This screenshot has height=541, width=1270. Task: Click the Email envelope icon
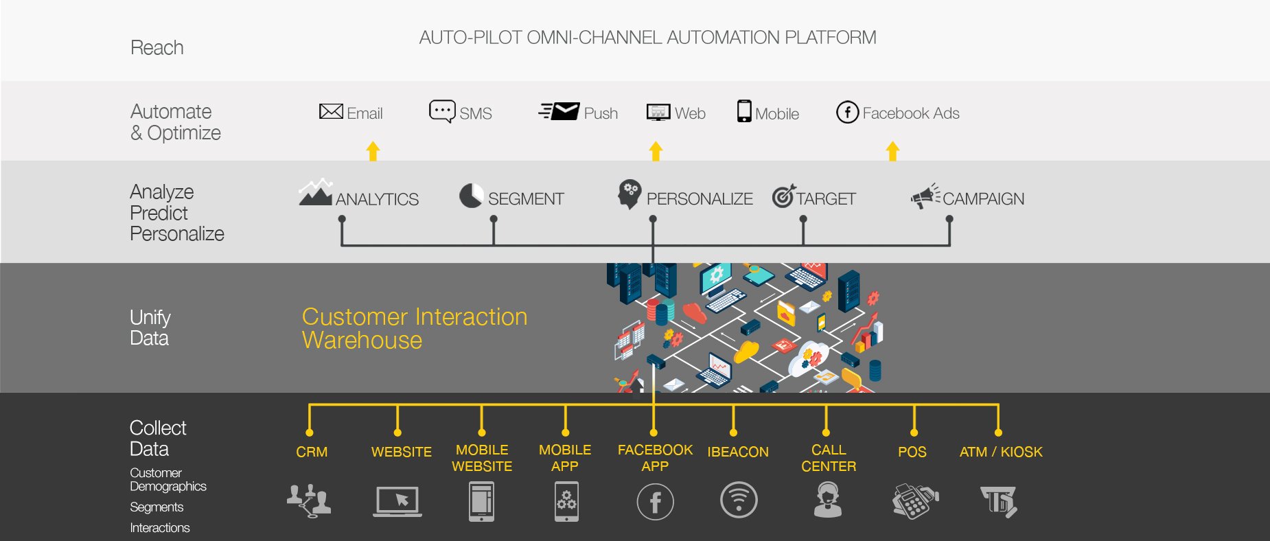click(331, 111)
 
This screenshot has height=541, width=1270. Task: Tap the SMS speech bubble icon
click(441, 111)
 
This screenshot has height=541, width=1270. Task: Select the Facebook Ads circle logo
click(847, 112)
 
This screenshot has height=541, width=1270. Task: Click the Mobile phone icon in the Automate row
click(744, 111)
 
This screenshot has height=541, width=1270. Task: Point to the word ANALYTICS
click(377, 199)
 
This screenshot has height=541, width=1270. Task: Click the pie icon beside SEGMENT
click(471, 196)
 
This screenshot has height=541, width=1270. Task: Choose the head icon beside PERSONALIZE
click(630, 195)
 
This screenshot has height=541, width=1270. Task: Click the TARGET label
click(826, 199)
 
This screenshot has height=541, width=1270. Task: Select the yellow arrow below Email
click(373, 151)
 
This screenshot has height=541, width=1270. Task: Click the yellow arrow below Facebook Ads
click(892, 151)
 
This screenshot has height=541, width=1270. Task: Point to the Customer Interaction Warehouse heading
click(414, 328)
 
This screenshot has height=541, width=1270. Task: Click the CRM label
click(312, 452)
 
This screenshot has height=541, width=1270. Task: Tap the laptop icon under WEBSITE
click(397, 501)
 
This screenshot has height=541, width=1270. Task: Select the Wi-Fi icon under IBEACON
click(739, 500)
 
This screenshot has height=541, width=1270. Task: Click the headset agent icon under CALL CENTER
click(828, 500)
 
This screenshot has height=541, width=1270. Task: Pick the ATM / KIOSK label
click(1001, 452)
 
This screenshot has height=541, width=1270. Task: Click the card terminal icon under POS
click(914, 501)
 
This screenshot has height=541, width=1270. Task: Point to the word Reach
click(157, 48)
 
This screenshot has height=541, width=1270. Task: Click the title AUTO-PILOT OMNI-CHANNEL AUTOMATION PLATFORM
click(647, 38)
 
